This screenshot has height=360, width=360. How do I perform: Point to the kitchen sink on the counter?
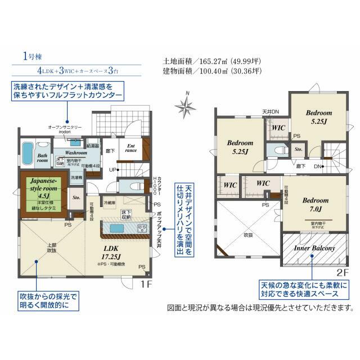(117, 228)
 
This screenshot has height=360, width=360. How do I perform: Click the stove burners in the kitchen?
(142, 228)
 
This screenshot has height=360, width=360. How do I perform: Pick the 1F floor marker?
(146, 285)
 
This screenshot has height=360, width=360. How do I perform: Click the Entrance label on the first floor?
(130, 147)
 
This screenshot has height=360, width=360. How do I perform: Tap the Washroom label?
(75, 152)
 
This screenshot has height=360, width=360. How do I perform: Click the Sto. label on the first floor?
(76, 197)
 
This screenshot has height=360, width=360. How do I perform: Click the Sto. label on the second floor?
(299, 150)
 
